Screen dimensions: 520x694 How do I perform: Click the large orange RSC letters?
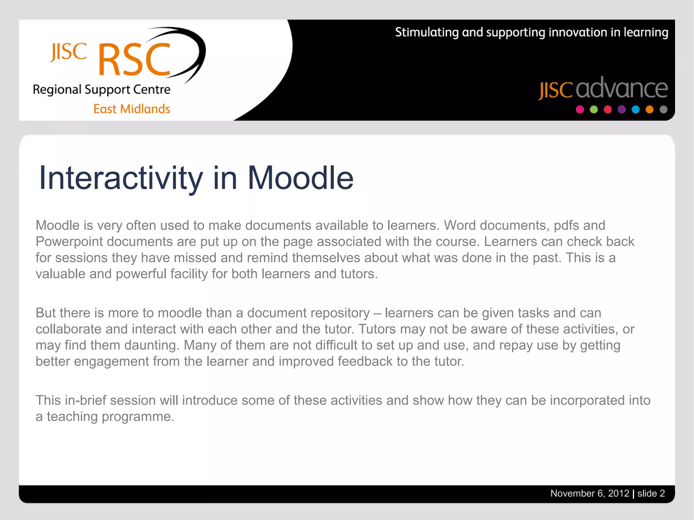tap(134, 60)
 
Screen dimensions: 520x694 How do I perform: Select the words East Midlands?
tap(132, 109)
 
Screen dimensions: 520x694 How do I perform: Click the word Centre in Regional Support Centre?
tap(151, 89)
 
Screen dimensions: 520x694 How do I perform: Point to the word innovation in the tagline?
tap(578, 32)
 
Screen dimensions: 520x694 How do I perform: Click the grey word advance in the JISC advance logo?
tap(621, 89)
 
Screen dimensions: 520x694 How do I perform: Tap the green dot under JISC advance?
tap(594, 110)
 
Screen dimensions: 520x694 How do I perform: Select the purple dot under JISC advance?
tap(621, 110)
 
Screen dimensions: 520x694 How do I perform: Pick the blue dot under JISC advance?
tap(635, 110)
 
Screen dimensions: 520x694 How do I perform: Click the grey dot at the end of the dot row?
tap(664, 110)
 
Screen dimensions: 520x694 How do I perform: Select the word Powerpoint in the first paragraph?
tap(69, 242)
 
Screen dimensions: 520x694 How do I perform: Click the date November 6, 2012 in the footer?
tap(590, 494)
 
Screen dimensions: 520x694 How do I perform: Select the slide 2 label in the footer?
tap(651, 494)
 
